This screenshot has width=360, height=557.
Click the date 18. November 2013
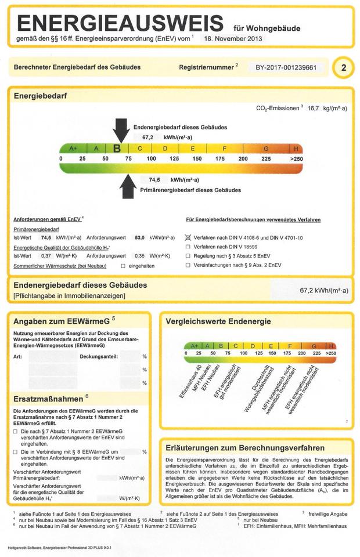(x=233, y=39)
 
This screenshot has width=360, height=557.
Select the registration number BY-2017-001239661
(x=286, y=67)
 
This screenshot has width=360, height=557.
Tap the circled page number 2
(x=344, y=68)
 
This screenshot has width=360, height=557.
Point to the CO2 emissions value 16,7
(x=313, y=108)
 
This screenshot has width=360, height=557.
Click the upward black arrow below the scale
(x=128, y=185)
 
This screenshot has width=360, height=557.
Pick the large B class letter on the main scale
(x=117, y=149)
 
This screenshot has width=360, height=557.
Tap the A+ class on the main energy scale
(x=73, y=149)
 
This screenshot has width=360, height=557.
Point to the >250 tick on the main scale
(x=296, y=158)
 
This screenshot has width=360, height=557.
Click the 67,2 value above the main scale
(x=147, y=138)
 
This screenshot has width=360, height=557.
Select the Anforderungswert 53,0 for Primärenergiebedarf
(x=139, y=238)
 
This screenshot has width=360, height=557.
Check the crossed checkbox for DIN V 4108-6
(x=188, y=238)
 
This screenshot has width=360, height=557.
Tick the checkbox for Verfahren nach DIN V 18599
(x=188, y=247)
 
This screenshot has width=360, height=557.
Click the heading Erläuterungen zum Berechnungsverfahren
(x=245, y=448)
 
